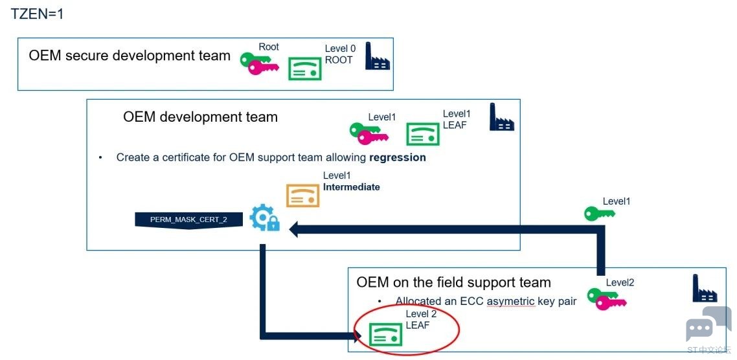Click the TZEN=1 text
click(x=37, y=14)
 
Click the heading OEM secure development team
click(x=130, y=56)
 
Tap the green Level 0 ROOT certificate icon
click(x=304, y=69)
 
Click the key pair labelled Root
click(x=260, y=63)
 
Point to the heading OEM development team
click(x=200, y=117)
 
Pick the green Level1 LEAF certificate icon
click(x=422, y=134)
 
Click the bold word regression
click(x=398, y=157)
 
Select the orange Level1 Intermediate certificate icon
click(x=302, y=195)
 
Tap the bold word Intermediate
click(x=352, y=187)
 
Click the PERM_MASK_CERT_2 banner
click(x=189, y=220)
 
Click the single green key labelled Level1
click(x=600, y=214)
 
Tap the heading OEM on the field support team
click(x=453, y=282)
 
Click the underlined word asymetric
click(x=512, y=301)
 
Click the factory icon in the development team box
click(x=501, y=117)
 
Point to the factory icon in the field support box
click(x=705, y=288)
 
